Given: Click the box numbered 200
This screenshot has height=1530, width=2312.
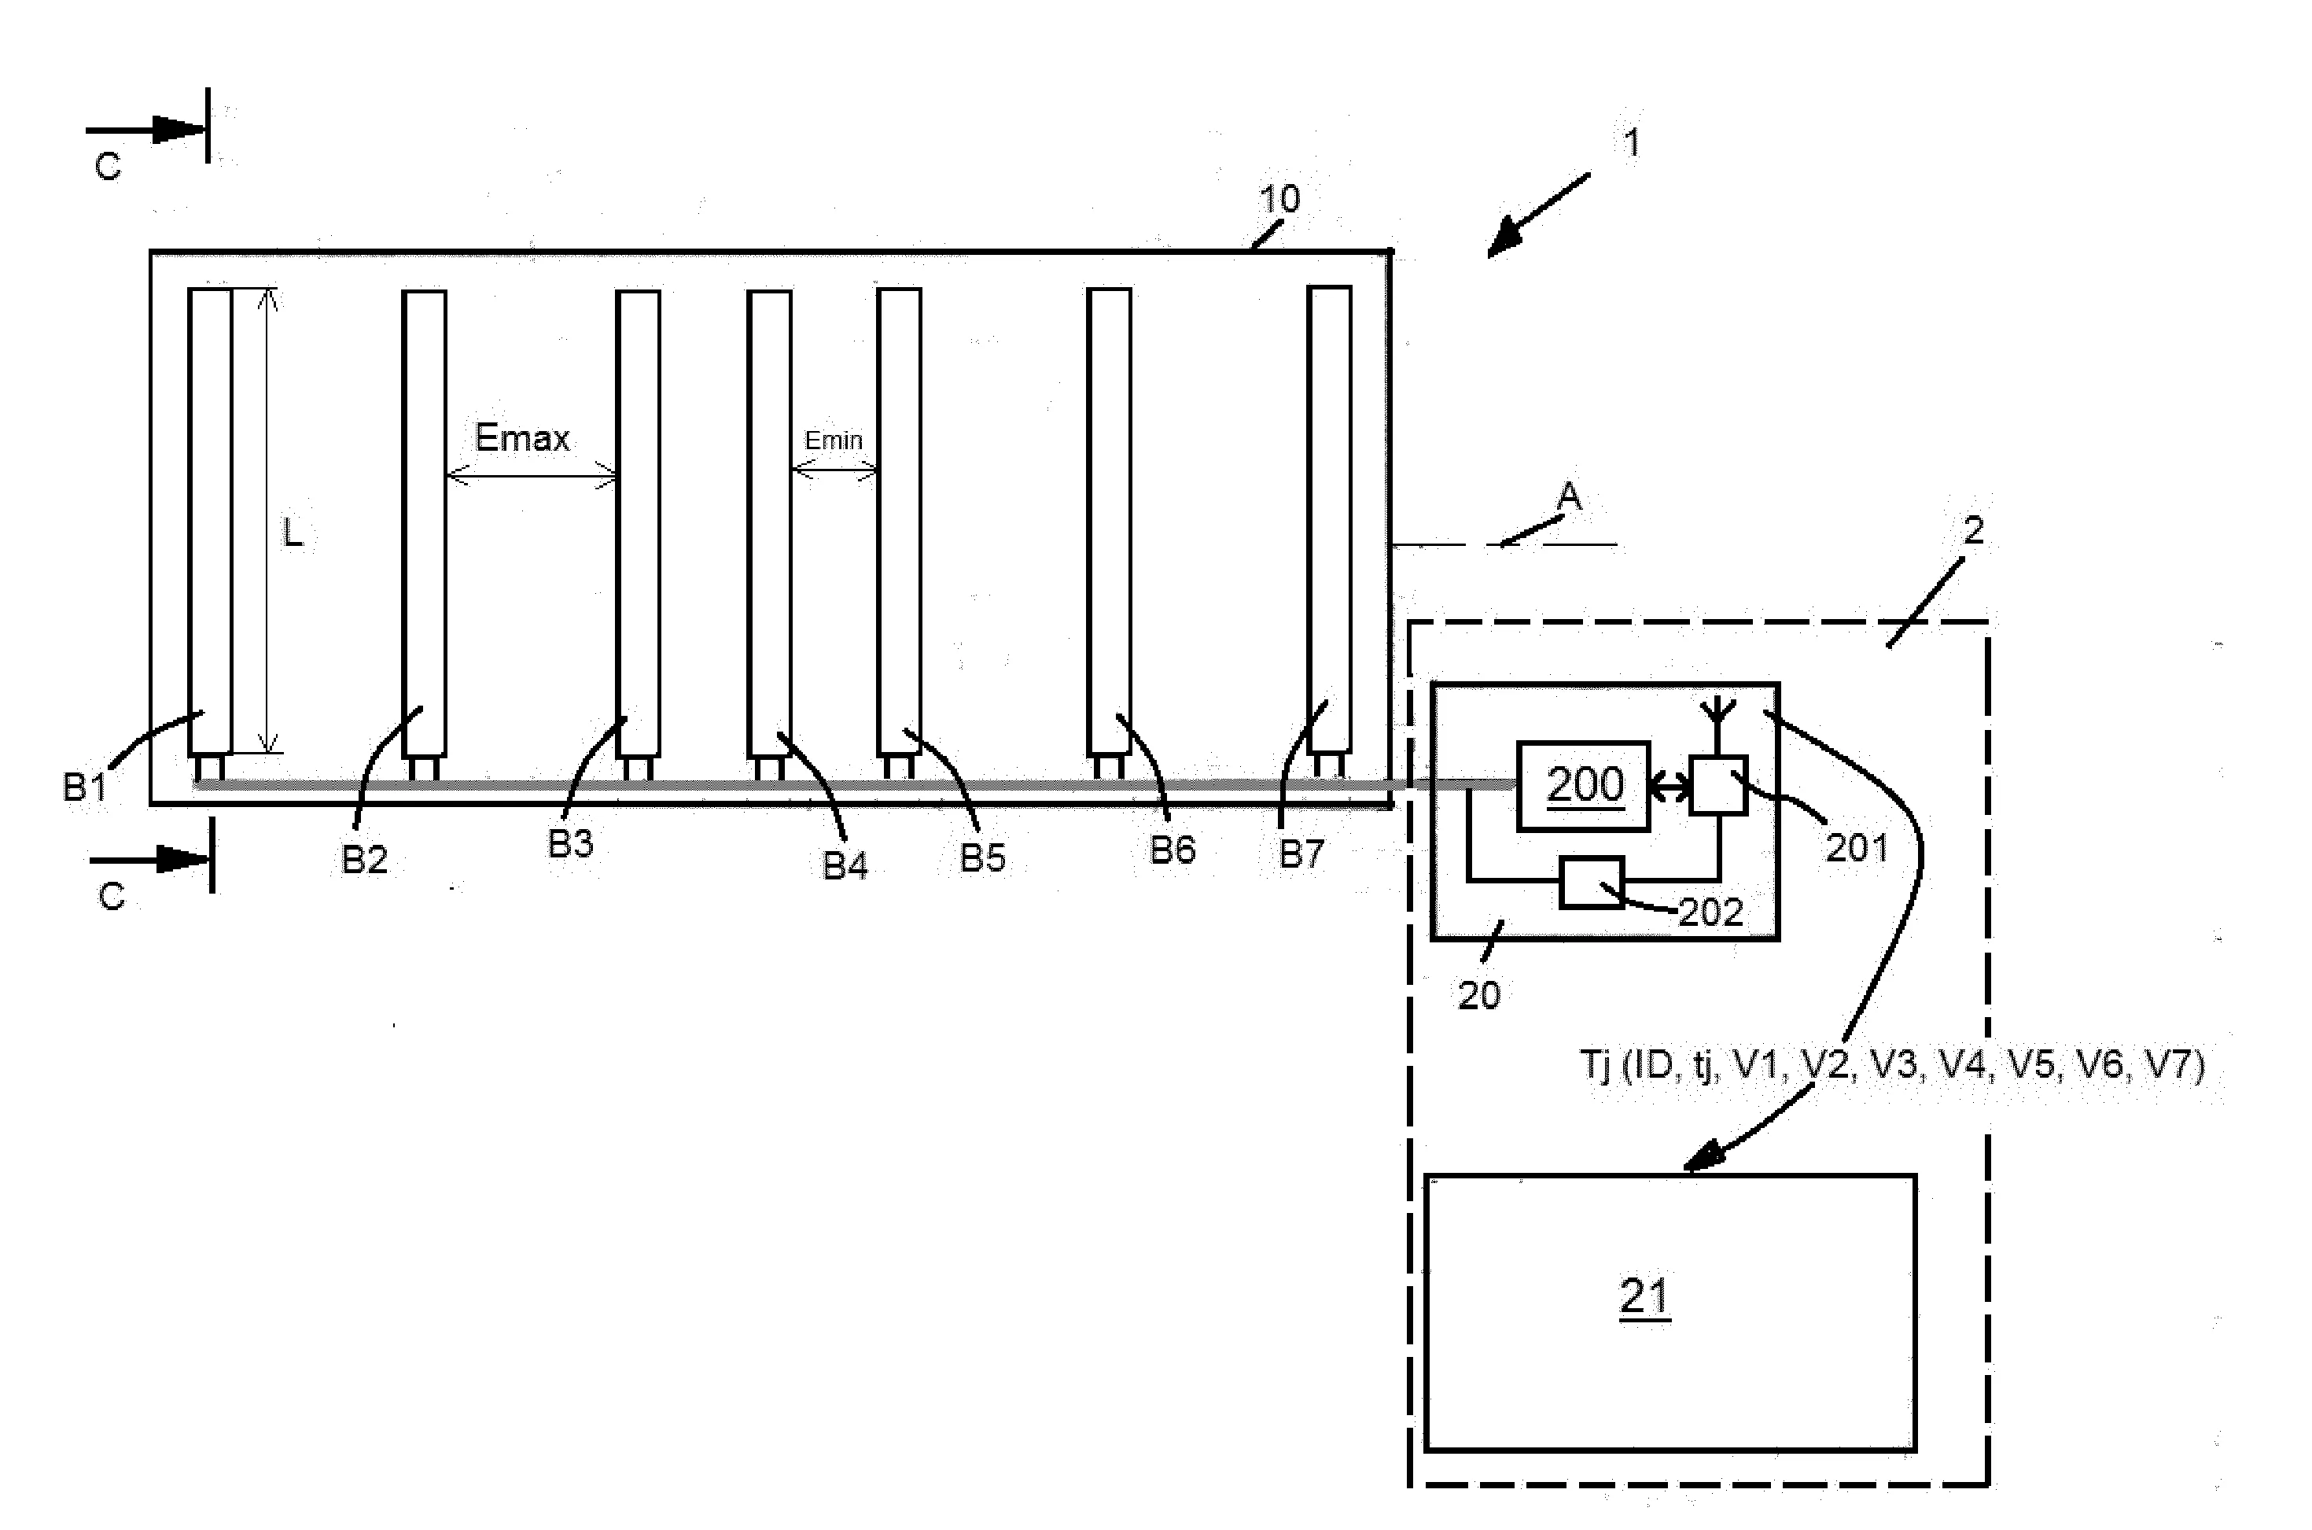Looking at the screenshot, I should point(1583,786).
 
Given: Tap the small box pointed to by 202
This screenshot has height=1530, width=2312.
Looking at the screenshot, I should point(1591,882).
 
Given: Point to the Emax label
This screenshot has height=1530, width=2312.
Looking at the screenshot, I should point(522,438).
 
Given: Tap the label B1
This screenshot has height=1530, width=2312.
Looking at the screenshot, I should point(85,787).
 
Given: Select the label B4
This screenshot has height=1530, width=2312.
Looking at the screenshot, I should point(845,865).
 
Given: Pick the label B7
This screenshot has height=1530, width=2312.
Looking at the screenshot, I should point(1301,853).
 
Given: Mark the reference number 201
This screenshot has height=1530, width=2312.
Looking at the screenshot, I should point(1857,848).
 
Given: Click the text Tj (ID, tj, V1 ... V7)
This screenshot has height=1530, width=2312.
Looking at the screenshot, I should point(1891,1064).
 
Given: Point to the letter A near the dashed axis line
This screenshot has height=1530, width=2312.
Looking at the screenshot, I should point(1567,498).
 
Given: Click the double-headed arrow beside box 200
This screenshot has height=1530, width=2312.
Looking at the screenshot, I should point(1670,787).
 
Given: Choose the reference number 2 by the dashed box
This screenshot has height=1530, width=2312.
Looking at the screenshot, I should point(1972,531).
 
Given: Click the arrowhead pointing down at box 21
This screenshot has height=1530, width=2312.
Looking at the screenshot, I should point(1703,1159).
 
